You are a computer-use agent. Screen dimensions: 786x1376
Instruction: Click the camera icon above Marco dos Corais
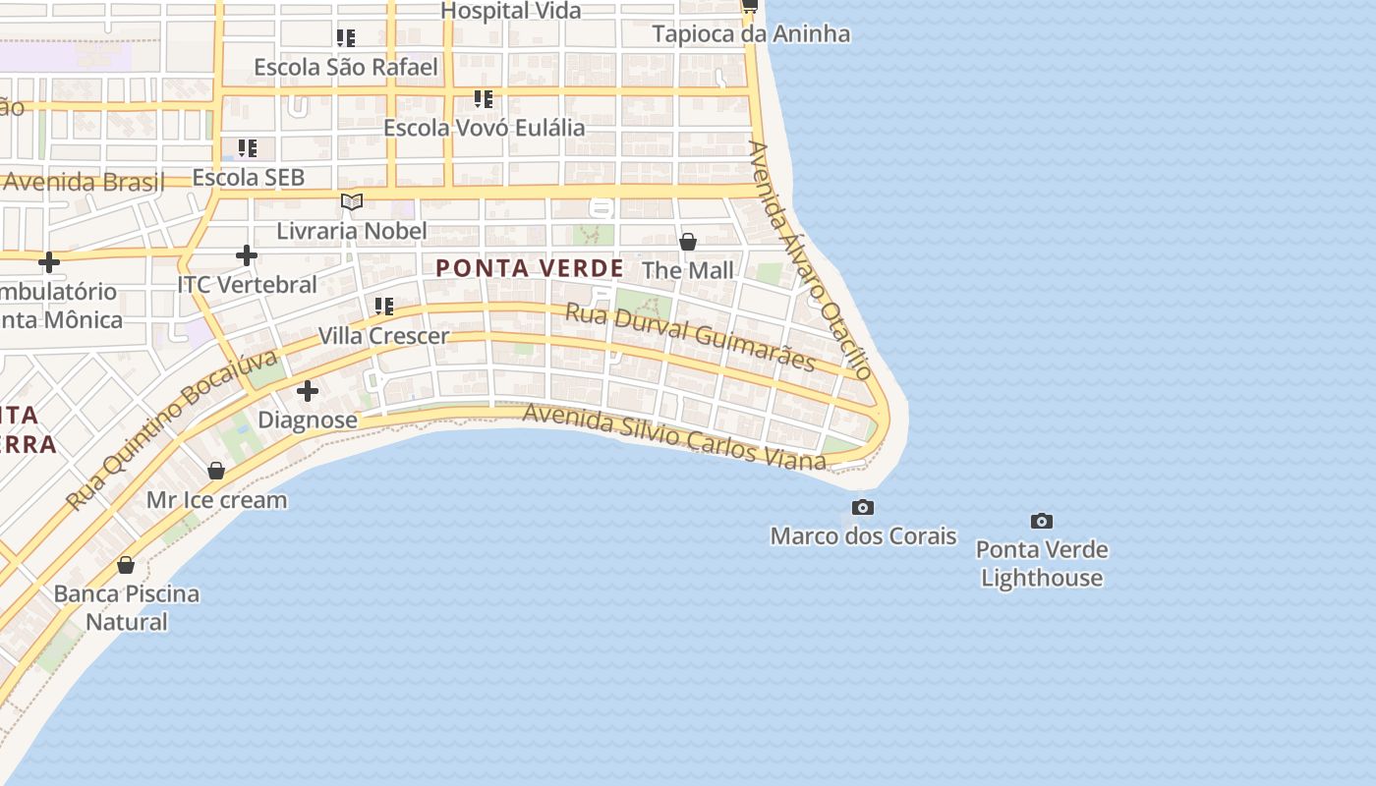pyautogui.click(x=863, y=508)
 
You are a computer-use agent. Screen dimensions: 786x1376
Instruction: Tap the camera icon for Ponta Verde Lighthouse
pyautogui.click(x=1042, y=521)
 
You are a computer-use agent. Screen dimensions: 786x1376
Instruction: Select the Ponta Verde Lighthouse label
pyautogui.click(x=1042, y=563)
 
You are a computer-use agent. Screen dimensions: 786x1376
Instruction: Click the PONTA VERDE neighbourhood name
pyautogui.click(x=530, y=268)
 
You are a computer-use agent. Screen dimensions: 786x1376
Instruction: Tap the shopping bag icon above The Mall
pyautogui.click(x=688, y=241)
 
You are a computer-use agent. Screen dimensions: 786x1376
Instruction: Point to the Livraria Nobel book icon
pyautogui.click(x=352, y=202)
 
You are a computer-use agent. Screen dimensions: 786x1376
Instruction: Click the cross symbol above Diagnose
pyautogui.click(x=308, y=391)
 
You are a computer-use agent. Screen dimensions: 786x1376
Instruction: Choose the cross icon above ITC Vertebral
pyautogui.click(x=247, y=256)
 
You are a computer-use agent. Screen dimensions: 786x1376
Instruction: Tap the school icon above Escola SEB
pyautogui.click(x=248, y=148)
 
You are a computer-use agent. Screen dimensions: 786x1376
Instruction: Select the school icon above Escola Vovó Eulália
pyautogui.click(x=484, y=98)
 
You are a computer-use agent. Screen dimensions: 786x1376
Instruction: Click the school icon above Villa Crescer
pyautogui.click(x=384, y=307)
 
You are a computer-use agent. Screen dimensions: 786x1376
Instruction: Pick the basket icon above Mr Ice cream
pyautogui.click(x=216, y=472)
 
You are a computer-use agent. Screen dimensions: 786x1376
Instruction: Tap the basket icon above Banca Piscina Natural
pyautogui.click(x=126, y=565)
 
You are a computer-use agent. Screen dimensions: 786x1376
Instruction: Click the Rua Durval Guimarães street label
pyautogui.click(x=690, y=337)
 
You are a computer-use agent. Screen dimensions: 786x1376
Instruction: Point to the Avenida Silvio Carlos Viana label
pyautogui.click(x=674, y=435)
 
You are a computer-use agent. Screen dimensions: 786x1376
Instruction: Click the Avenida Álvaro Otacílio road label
pyautogui.click(x=810, y=259)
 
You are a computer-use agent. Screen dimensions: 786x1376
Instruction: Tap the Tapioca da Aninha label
pyautogui.click(x=751, y=34)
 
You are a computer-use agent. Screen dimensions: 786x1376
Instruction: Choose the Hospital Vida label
pyautogui.click(x=511, y=11)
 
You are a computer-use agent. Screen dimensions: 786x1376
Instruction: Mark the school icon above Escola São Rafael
pyautogui.click(x=346, y=38)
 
